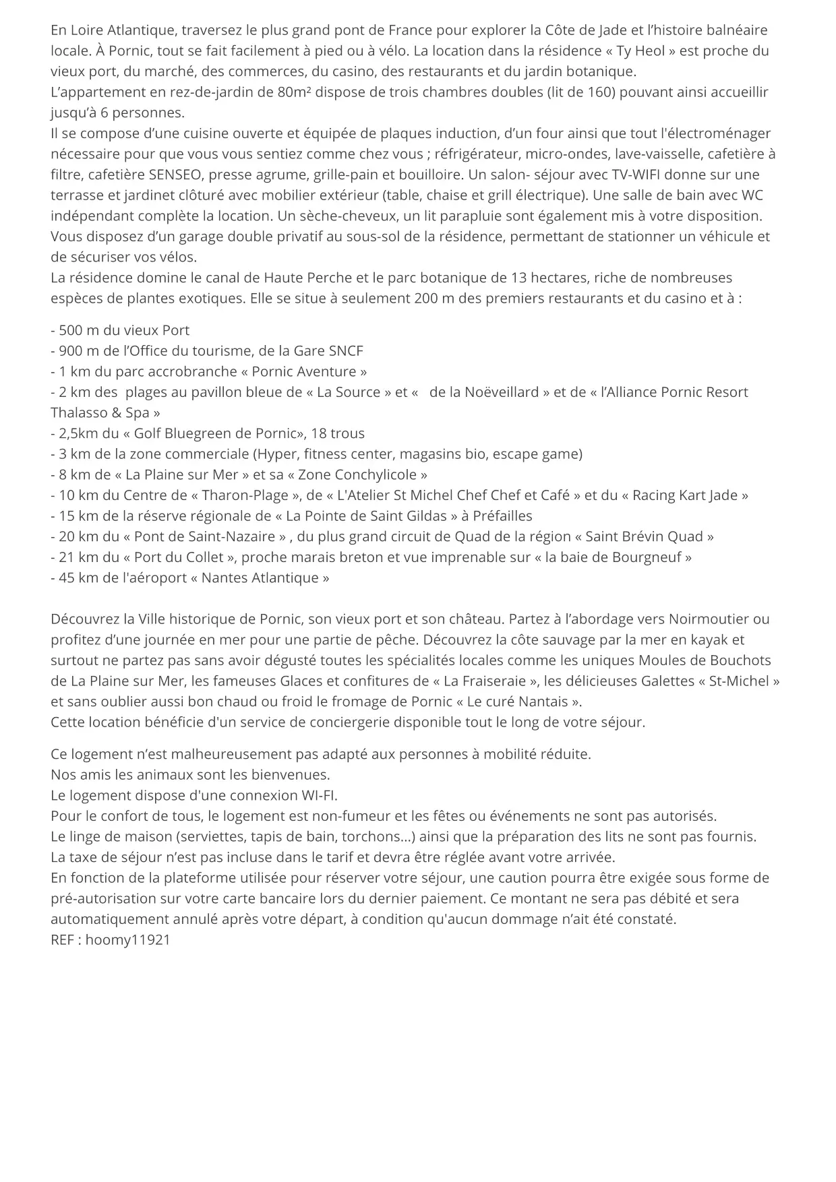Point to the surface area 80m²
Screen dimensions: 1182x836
click(x=293, y=92)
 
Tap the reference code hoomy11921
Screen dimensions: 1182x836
click(x=127, y=939)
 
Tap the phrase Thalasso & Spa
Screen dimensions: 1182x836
click(x=100, y=412)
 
